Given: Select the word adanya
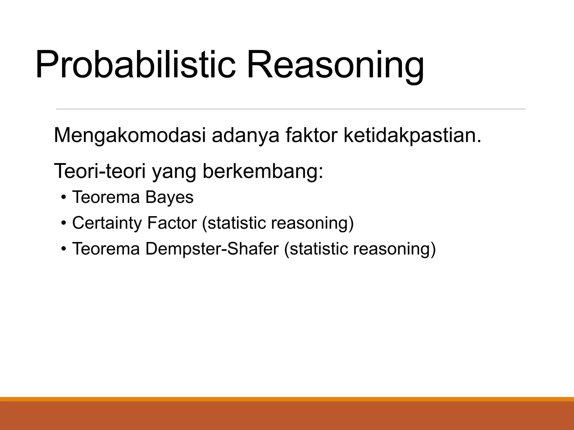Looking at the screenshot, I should coord(246,135).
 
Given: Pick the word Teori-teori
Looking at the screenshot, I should coord(99,171).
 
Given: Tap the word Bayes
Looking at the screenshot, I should coord(169,197).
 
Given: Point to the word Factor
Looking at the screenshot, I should coord(172,223).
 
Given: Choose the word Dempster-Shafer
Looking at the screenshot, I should coord(212,249).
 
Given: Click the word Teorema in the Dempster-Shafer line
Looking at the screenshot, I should coord(106,249).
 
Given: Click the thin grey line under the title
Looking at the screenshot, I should coord(291,109).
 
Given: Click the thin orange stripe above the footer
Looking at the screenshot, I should coord(287,399).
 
